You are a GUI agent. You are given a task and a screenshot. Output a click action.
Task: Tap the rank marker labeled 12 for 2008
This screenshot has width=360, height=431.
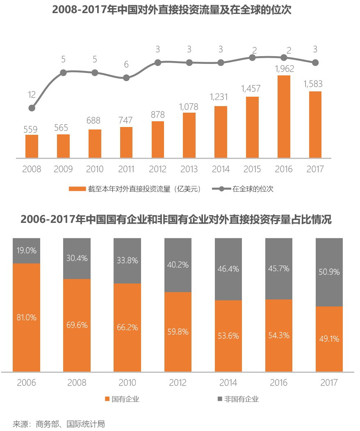(x=32, y=108)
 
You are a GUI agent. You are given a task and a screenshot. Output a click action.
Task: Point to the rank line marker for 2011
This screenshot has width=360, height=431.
(x=126, y=78)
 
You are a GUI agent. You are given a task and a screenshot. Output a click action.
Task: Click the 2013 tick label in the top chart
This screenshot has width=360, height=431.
(x=189, y=169)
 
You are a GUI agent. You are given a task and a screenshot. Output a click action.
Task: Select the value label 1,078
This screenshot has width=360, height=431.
(x=189, y=107)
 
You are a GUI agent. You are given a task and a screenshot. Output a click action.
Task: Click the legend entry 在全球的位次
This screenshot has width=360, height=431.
(x=253, y=189)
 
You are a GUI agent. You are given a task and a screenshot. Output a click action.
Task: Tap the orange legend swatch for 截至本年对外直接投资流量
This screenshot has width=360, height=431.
(x=77, y=189)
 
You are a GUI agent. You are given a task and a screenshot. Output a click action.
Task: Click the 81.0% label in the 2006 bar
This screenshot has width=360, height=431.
(x=27, y=317)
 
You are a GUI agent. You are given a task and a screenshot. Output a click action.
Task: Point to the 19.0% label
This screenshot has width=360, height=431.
(x=27, y=250)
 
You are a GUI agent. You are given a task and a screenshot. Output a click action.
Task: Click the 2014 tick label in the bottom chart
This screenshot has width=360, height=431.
(x=228, y=383)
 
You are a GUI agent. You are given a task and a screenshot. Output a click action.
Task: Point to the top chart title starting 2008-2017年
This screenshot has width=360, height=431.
(x=172, y=10)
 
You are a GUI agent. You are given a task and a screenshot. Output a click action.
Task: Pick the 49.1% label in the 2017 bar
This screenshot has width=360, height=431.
(x=329, y=339)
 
